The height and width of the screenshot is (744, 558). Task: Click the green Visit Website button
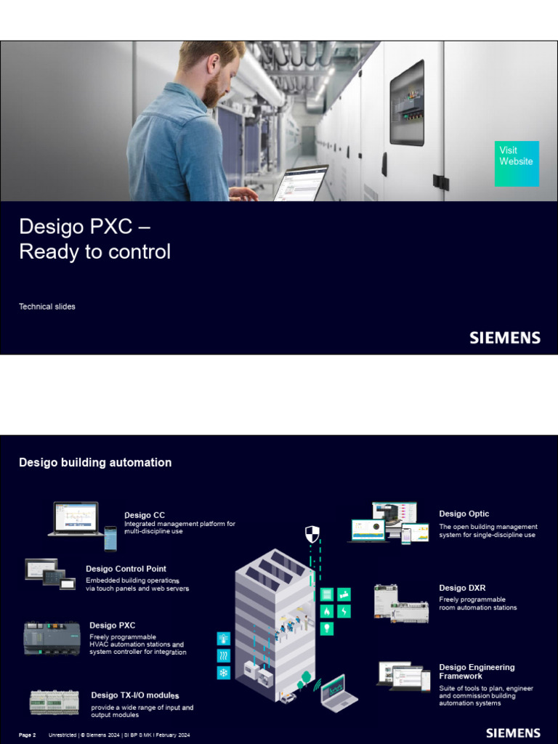517,163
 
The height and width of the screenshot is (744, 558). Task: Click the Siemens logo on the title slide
504,338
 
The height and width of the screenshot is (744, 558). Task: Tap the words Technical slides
47,307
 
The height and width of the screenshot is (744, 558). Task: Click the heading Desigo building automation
95,462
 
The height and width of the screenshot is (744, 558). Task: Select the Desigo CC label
145,515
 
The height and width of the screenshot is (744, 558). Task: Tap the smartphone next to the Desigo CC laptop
110,538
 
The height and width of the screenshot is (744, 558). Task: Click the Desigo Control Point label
126,569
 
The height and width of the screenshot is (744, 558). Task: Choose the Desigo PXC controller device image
52,638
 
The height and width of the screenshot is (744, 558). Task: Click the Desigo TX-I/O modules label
135,695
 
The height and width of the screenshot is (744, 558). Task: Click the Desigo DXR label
462,588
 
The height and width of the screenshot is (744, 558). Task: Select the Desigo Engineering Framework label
477,671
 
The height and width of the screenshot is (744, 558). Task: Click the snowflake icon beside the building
224,673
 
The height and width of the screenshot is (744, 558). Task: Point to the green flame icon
327,611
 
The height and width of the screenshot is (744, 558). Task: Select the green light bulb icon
327,628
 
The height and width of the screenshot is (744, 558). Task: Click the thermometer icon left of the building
224,639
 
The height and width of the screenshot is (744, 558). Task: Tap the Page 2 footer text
27,735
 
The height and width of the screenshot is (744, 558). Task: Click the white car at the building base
288,697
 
